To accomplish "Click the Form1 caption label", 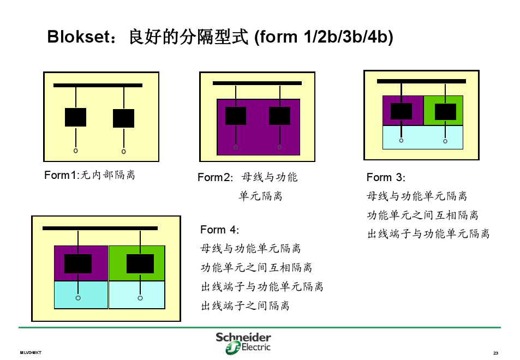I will click(89, 175).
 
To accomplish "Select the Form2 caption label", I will click(247, 178).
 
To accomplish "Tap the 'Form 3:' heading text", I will click(386, 177).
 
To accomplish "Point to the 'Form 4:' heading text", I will click(219, 230).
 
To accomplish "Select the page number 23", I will click(495, 353).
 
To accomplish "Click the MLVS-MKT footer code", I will click(31, 353).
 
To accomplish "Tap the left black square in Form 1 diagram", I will click(75, 117).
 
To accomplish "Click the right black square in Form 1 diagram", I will click(123, 118).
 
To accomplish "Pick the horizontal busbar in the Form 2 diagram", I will click(257, 83).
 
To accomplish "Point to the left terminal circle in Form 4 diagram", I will click(78, 298).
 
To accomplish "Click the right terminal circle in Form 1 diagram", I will click(123, 151).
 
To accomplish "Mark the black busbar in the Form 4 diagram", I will click(100, 228).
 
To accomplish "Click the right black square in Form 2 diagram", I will click(279, 116).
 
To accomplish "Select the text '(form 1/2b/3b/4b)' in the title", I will click(323, 37).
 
